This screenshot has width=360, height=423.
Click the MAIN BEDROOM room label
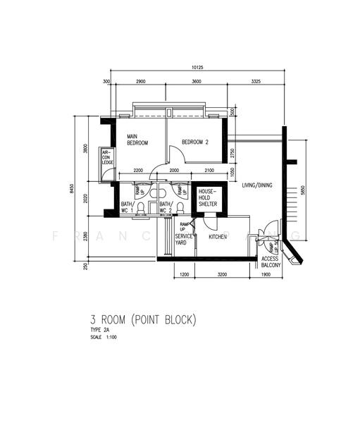(137, 140)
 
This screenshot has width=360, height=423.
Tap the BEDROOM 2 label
(195, 142)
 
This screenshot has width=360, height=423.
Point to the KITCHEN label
(218, 237)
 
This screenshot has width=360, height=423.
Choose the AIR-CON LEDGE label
(107, 157)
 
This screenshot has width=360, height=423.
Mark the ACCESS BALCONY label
(271, 263)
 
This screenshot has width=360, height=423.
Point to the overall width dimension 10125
(197, 68)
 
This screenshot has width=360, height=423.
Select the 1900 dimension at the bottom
(266, 274)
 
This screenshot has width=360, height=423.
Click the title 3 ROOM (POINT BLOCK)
(143, 320)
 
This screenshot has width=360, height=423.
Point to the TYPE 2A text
(101, 330)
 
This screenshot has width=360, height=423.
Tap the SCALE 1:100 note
(106, 337)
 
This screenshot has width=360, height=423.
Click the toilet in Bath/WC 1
(141, 208)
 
